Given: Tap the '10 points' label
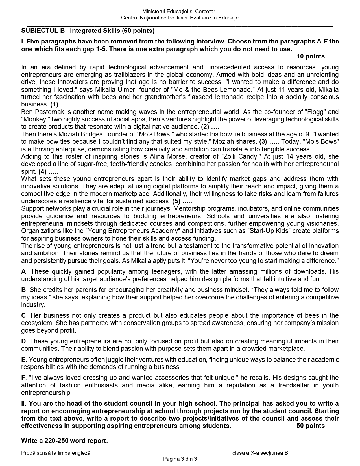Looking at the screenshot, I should pyautogui.click(x=310, y=56).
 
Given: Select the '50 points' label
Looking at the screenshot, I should pyautogui.click(x=310, y=426).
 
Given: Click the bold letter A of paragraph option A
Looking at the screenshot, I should pyautogui.click(x=23, y=272).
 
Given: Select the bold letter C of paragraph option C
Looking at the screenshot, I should pyautogui.click(x=23, y=315).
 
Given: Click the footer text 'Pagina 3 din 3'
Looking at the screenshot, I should pyautogui.click(x=180, y=459).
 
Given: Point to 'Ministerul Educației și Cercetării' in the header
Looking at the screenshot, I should pyautogui.click(x=180, y=12).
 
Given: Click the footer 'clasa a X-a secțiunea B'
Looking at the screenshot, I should pyautogui.click(x=260, y=453).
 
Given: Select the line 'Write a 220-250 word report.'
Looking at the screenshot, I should pyautogui.click(x=64, y=441).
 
